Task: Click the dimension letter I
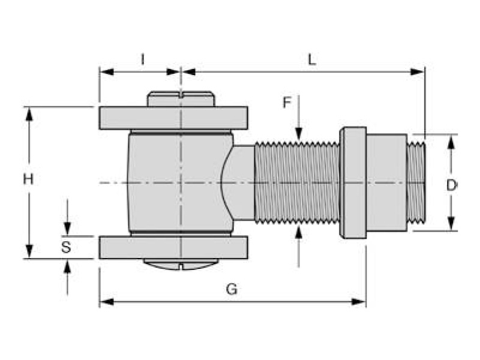(142, 59)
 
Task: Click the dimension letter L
(312, 59)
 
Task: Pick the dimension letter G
(232, 289)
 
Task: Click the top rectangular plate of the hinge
(173, 118)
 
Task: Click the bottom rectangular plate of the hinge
(173, 247)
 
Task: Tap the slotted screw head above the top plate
(181, 99)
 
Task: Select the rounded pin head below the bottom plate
(181, 264)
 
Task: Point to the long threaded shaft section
(297, 182)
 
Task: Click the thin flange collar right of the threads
(353, 182)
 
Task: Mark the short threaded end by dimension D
(415, 182)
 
